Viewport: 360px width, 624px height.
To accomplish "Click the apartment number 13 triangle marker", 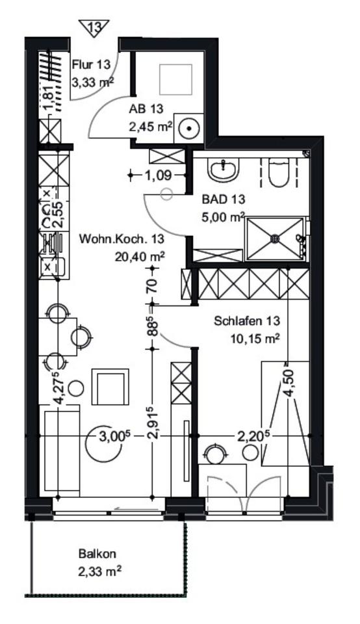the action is pos(94,28).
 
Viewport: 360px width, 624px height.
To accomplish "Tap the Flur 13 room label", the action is pos(91,65).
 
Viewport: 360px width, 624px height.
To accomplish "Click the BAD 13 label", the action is pos(223,199).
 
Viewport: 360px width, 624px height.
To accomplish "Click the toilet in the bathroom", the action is pos(279,171).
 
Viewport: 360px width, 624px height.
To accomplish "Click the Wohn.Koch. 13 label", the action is pos(122,239).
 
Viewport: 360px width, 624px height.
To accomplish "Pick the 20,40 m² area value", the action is pos(140,257).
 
